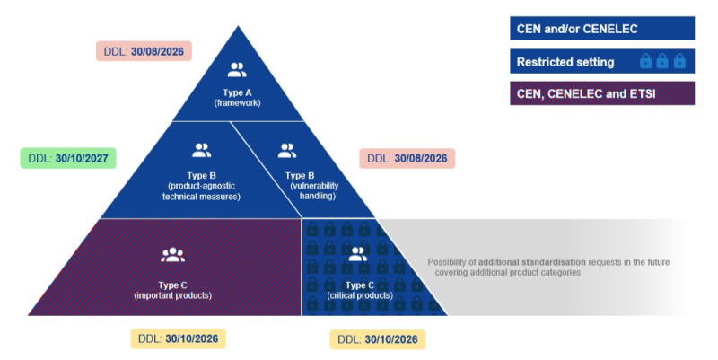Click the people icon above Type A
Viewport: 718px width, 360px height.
236,70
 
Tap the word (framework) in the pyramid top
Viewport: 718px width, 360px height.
236,102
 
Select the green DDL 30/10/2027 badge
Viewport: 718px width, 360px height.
68,160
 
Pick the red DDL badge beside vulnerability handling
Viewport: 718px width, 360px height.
407,158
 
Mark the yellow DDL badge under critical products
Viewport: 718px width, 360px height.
377,339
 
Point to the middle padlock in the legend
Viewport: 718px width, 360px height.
662,62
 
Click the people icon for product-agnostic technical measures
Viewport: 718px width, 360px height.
202,151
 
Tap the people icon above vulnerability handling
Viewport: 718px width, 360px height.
286,151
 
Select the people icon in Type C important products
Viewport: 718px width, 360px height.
172,255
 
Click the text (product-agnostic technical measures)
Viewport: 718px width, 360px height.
202,190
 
